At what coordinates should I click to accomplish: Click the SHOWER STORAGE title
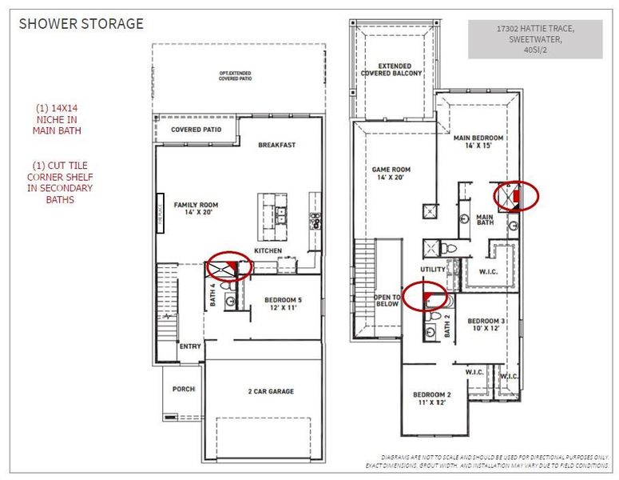point(81,24)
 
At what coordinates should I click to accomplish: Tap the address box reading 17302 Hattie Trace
point(535,39)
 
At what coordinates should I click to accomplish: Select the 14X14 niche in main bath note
point(58,118)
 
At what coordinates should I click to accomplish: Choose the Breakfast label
point(277,145)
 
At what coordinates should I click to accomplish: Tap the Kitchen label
point(267,250)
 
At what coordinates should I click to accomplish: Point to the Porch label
point(184,389)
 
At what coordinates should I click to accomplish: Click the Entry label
point(190,346)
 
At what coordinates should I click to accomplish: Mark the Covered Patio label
point(196,130)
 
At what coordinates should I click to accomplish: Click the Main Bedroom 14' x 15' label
point(479,142)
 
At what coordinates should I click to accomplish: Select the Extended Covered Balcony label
point(391,70)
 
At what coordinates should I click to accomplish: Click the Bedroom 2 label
point(432,398)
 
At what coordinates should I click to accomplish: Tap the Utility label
point(433,270)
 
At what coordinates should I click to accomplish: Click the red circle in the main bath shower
point(516,195)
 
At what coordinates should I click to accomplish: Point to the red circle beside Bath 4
point(230,265)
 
